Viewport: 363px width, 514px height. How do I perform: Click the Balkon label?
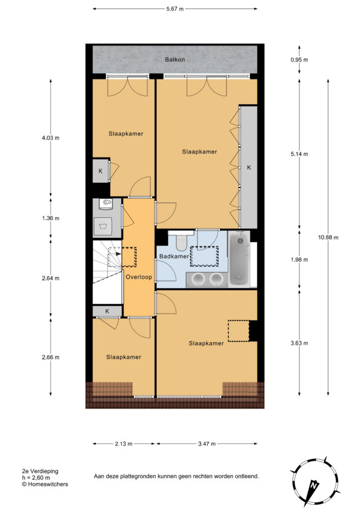(x=175, y=60)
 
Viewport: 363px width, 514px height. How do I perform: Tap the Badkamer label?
(x=174, y=256)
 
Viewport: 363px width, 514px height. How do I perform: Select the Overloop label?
(x=139, y=277)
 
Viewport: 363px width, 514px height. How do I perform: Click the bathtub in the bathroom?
(x=239, y=259)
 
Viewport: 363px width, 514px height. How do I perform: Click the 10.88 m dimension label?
(x=328, y=237)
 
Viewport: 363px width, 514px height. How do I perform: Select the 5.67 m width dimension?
(x=175, y=9)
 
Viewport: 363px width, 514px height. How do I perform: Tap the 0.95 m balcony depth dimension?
(x=299, y=60)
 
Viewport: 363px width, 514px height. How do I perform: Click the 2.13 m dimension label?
(x=123, y=444)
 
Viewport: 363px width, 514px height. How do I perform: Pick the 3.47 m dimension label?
(x=207, y=444)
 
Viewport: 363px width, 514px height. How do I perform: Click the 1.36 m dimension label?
(x=51, y=218)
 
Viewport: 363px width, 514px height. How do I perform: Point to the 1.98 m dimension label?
(x=299, y=260)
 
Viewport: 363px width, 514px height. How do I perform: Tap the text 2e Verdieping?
(x=40, y=471)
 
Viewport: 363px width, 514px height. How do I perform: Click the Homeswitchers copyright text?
(x=45, y=484)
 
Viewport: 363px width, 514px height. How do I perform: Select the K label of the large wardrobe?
(x=249, y=168)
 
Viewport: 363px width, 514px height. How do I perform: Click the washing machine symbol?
(x=103, y=225)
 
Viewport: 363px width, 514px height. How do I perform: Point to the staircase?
(x=107, y=272)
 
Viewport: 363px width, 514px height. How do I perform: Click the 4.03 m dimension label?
(x=51, y=138)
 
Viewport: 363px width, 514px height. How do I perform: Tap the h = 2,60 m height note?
(x=36, y=478)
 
